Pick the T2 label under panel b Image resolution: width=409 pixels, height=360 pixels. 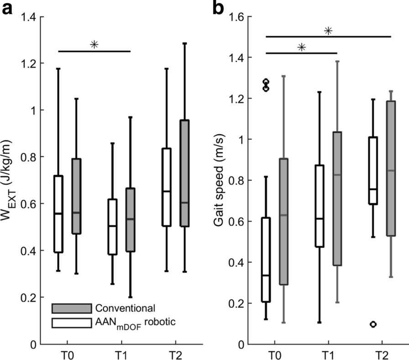pos(383,354)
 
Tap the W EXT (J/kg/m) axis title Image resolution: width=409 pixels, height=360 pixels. pos(10,180)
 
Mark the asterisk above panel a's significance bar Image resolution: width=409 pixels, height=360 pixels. pos(94,44)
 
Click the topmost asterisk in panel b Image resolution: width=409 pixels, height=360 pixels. pos(328,31)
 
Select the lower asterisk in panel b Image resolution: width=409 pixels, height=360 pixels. pos(301,47)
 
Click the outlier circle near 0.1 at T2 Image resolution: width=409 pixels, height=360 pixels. pos(373,324)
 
